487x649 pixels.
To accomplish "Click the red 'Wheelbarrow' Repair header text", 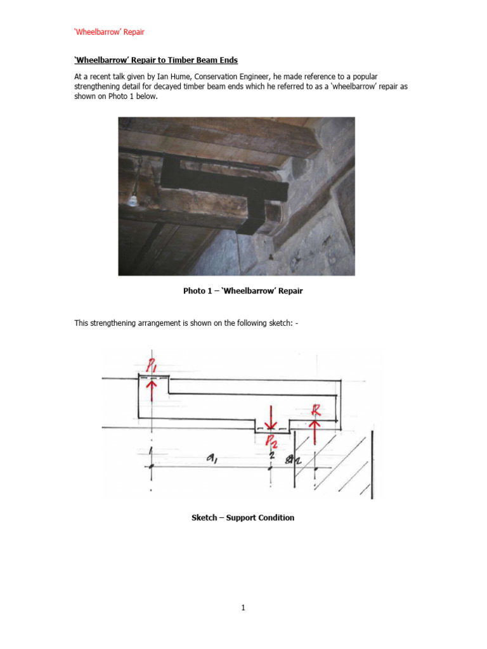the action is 109,32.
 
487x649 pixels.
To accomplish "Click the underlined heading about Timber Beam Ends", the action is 156,60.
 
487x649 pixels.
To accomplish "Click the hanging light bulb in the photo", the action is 133,200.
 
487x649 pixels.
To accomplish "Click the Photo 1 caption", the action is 243,291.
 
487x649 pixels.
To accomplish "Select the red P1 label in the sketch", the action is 151,364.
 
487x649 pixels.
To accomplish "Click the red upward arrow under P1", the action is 152,390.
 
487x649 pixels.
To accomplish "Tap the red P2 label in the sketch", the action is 271,442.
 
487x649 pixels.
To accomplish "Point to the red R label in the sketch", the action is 316,410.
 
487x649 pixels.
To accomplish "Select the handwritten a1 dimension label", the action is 212,458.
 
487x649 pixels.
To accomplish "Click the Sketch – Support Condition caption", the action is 243,518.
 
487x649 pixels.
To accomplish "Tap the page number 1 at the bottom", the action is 243,608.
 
